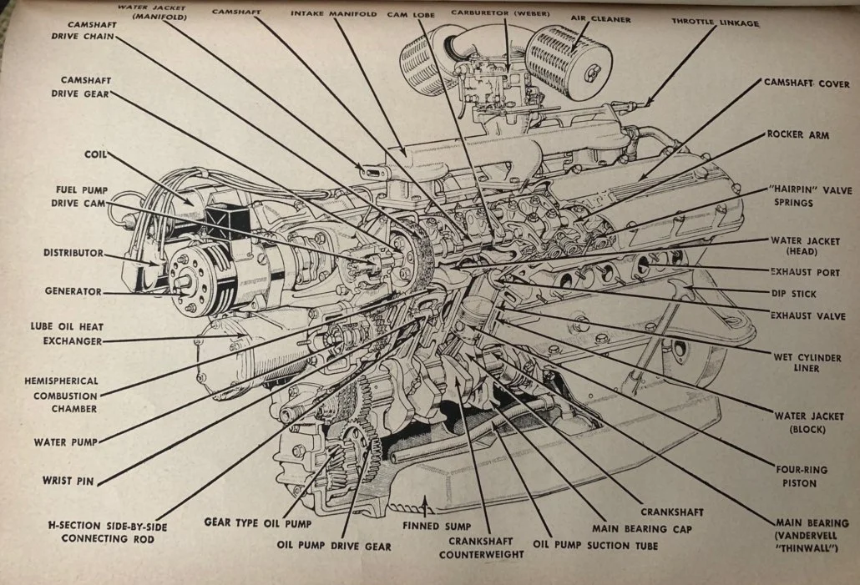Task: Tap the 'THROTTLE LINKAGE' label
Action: point(716,23)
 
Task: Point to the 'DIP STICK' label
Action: point(793,294)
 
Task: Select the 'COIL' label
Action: point(94,154)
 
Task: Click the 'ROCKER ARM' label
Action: point(797,134)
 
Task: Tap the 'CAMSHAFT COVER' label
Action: point(807,83)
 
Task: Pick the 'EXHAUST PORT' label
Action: point(805,272)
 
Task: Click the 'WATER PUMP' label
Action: point(65,441)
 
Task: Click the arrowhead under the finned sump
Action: point(426,503)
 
